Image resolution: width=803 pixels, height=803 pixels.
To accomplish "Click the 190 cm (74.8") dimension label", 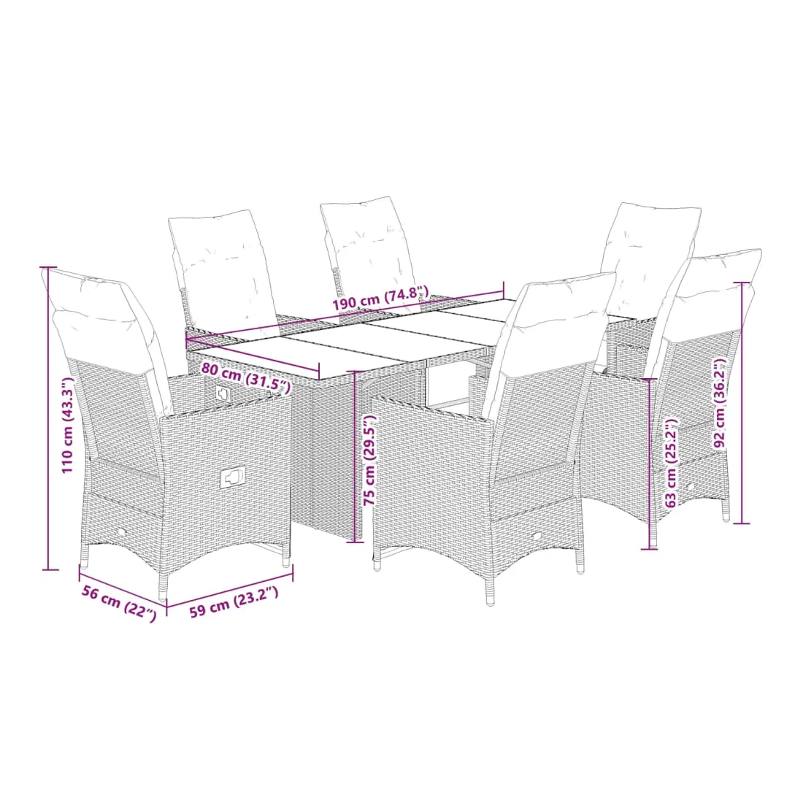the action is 380,299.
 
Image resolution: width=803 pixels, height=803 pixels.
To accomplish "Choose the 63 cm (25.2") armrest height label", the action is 671,463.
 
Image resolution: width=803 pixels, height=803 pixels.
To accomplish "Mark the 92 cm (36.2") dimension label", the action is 720,403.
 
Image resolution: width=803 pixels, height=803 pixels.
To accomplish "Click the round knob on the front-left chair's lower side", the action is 123,533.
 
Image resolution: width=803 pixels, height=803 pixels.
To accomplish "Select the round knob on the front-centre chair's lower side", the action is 537,537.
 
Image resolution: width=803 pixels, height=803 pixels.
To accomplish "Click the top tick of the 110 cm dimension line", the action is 49,266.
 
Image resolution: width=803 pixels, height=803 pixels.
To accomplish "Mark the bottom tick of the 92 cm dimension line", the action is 742,523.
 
